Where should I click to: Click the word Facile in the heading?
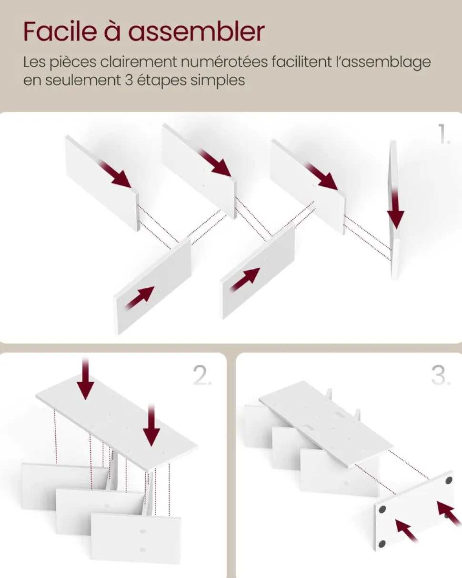pyautogui.click(x=60, y=32)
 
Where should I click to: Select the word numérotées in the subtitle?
pyautogui.click(x=224, y=62)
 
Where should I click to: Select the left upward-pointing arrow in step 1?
pyautogui.click(x=140, y=297)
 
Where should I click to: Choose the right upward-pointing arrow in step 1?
pyautogui.click(x=245, y=279)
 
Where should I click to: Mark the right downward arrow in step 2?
pyautogui.click(x=151, y=425)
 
